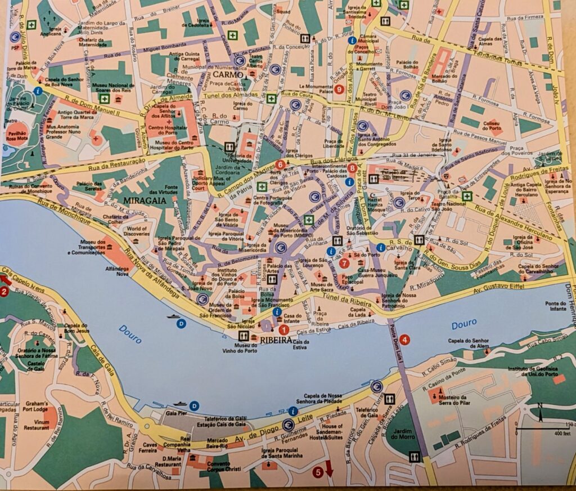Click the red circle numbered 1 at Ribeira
tap(283, 330)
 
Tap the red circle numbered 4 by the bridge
tap(404, 339)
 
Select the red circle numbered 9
tap(338, 89)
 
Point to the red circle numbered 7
tap(345, 262)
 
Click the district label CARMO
tap(228, 74)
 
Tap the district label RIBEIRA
tap(276, 340)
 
